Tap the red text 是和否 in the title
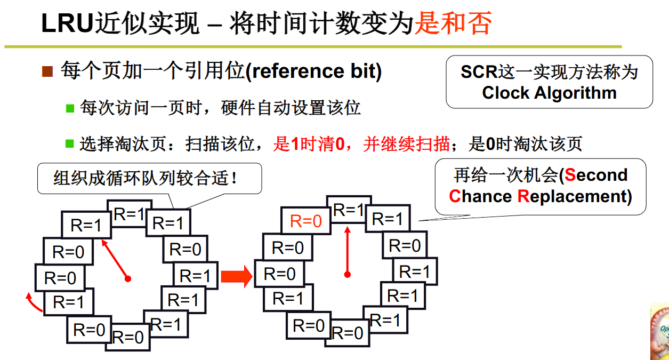pyautogui.click(x=453, y=25)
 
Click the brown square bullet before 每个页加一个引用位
pyautogui.click(x=47, y=71)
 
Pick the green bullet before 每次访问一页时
pyautogui.click(x=70, y=108)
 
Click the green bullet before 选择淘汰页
pyautogui.click(x=70, y=143)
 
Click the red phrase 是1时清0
pyautogui.click(x=309, y=143)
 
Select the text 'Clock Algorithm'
pyautogui.click(x=549, y=93)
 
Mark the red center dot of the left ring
pyautogui.click(x=128, y=278)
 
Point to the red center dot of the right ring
pyautogui.click(x=348, y=275)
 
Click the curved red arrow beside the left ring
pyautogui.click(x=34, y=302)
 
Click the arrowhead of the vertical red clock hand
pyautogui.click(x=348, y=230)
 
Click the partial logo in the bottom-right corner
pyautogui.click(x=660, y=331)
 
